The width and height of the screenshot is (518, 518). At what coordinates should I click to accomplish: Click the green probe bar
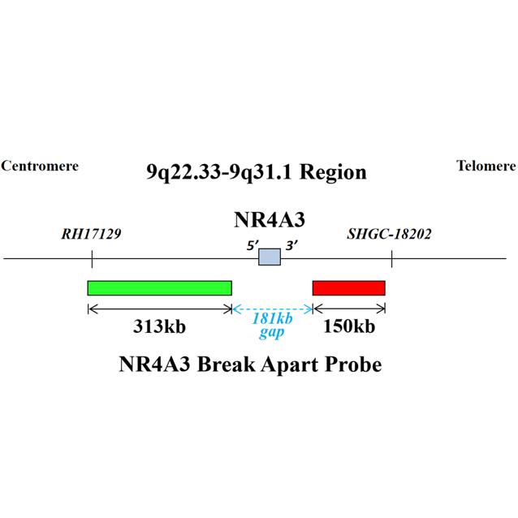tap(159, 288)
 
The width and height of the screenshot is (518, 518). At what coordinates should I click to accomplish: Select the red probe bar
tap(348, 288)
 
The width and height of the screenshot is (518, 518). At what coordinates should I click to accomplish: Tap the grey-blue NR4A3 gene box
tap(270, 257)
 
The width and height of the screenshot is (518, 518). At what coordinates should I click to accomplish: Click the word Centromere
tap(40, 166)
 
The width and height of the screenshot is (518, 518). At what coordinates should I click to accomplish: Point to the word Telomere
tap(486, 166)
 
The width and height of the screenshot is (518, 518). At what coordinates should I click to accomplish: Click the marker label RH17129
tap(91, 235)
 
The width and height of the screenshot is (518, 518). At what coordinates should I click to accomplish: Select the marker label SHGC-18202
tap(389, 235)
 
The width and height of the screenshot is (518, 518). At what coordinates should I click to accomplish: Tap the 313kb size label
tap(160, 327)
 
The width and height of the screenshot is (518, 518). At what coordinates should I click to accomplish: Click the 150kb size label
tap(349, 327)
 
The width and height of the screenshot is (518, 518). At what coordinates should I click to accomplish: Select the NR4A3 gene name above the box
tap(269, 220)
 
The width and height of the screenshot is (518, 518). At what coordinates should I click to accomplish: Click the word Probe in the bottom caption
tap(350, 365)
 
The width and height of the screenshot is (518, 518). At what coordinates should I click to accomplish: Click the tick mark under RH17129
tap(92, 259)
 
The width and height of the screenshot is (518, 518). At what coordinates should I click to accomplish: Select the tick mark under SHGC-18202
tap(392, 259)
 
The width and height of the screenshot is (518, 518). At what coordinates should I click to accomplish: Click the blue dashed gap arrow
tap(272, 309)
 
